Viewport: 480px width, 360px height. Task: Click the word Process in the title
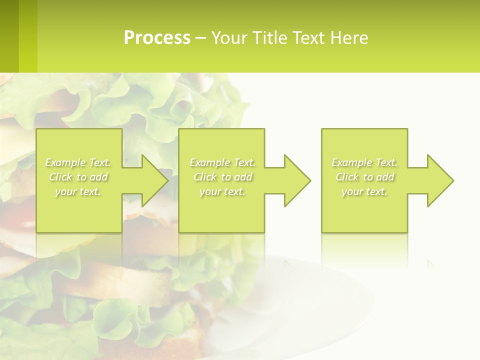click(157, 38)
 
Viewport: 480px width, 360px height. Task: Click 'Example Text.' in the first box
click(78, 162)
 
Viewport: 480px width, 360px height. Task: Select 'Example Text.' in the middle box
click(222, 162)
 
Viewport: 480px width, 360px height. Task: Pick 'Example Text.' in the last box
click(364, 162)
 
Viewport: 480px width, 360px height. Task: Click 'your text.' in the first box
click(78, 191)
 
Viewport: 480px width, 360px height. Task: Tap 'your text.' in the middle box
click(222, 191)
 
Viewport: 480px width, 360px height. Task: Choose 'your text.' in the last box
click(364, 191)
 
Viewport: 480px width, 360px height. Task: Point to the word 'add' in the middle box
click(243, 177)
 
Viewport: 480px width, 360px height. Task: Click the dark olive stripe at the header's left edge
click(9, 36)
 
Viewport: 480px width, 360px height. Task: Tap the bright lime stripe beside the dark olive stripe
click(28, 36)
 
